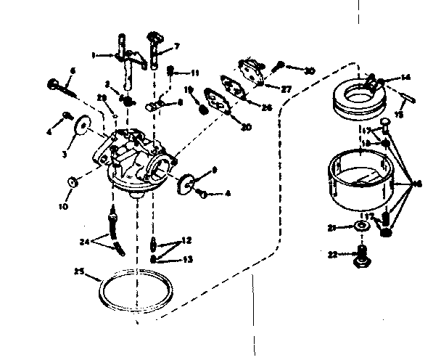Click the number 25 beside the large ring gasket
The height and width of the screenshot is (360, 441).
coord(78,272)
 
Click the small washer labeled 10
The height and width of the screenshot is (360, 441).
coord(74,181)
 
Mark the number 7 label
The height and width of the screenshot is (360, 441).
coord(177,47)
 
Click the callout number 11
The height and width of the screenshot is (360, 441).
coord(196,73)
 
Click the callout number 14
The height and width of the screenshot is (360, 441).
coord(405,76)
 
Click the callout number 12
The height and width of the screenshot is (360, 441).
coord(187,240)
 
